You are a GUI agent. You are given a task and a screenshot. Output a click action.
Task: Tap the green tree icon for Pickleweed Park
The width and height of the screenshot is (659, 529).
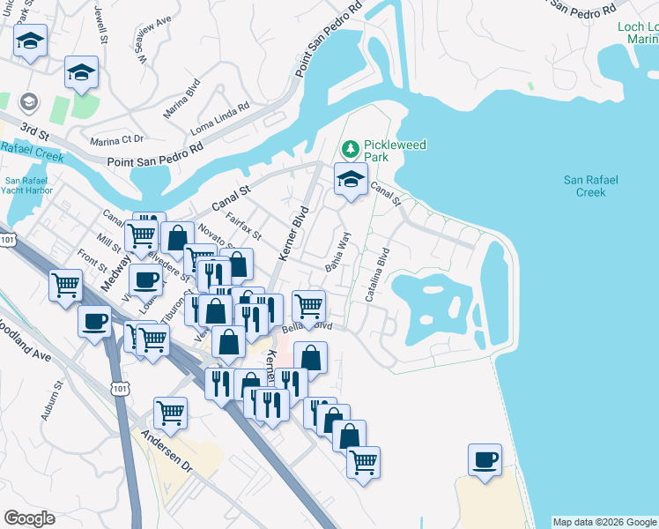(x=351, y=146)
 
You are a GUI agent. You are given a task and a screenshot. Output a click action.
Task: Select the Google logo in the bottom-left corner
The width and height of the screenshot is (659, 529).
(x=29, y=518)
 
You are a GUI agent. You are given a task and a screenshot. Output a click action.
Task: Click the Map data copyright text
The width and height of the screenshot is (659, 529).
(x=604, y=522)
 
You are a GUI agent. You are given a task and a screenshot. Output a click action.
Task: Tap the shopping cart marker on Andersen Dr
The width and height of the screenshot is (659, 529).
(x=170, y=411)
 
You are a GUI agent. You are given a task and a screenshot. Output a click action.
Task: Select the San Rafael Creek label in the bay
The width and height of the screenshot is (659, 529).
(x=591, y=185)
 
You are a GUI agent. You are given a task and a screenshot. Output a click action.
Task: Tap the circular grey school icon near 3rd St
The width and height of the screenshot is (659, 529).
(x=28, y=101)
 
